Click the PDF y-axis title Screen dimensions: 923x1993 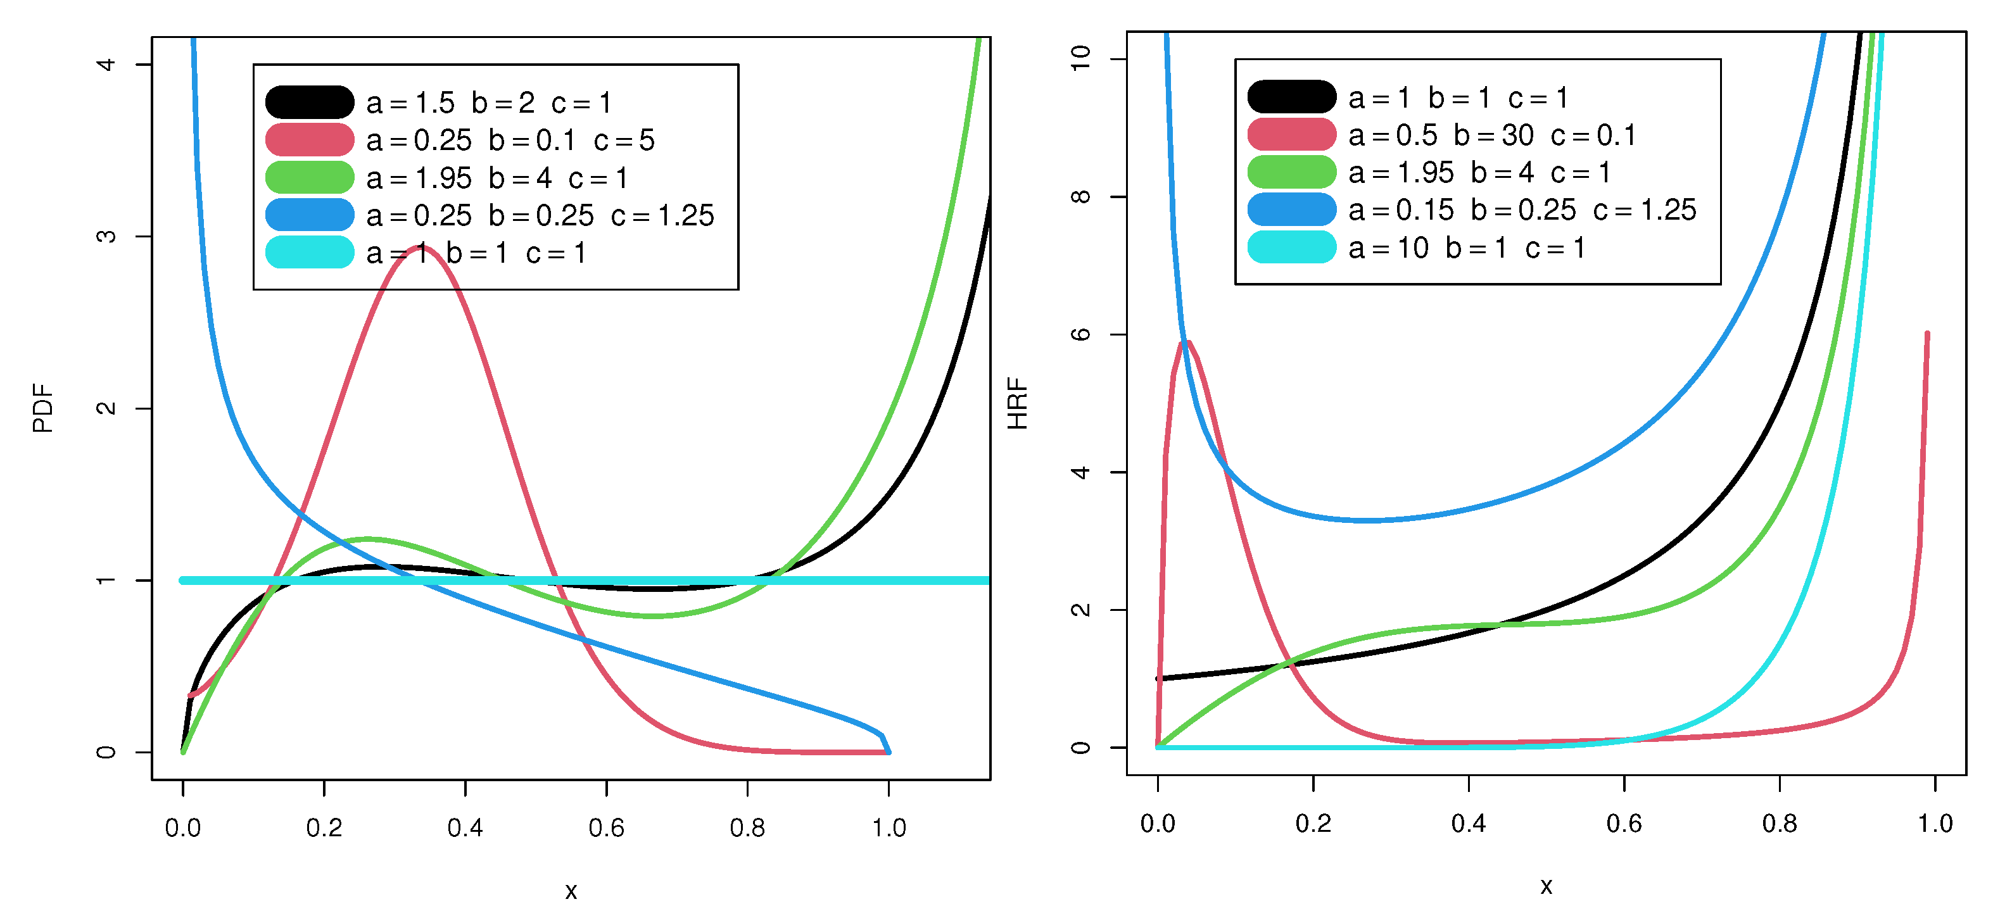[x=43, y=408]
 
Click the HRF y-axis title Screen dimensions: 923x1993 [x=1017, y=403]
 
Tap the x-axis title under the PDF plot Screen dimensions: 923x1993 [x=571, y=891]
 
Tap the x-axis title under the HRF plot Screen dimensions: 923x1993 [x=1546, y=886]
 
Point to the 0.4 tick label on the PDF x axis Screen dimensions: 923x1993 [x=465, y=828]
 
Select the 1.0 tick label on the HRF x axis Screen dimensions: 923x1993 [x=1934, y=823]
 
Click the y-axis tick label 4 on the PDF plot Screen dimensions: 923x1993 [x=106, y=64]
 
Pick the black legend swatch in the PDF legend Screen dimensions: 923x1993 [x=310, y=102]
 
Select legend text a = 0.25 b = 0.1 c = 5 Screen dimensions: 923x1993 [x=510, y=140]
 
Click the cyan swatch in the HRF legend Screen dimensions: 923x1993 [x=1291, y=248]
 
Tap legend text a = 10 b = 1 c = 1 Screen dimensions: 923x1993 [x=1467, y=248]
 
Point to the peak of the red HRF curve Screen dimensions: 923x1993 [x=1186, y=341]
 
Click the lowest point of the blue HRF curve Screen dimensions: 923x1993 [x=1368, y=520]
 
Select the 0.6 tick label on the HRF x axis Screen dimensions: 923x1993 [x=1624, y=823]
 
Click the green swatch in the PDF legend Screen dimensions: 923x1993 [x=310, y=177]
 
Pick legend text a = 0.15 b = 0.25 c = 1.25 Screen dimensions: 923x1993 [x=1522, y=210]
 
